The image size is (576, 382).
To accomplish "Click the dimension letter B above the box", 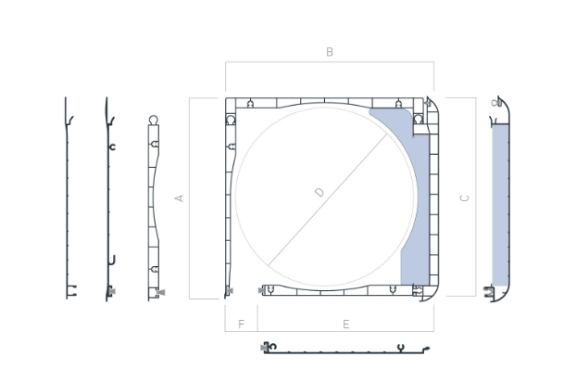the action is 330,52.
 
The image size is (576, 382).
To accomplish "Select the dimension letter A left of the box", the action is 179,198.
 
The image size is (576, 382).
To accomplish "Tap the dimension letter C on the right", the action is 464,198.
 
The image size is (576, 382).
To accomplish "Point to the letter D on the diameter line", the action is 320,192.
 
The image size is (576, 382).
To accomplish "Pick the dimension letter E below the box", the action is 345,325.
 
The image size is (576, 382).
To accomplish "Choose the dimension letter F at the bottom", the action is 241,324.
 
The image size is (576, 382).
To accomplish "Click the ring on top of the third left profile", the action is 154,120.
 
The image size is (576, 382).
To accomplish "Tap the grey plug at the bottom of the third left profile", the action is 161,292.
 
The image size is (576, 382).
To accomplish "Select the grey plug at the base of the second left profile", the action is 112,291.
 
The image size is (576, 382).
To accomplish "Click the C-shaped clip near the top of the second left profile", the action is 112,147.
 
